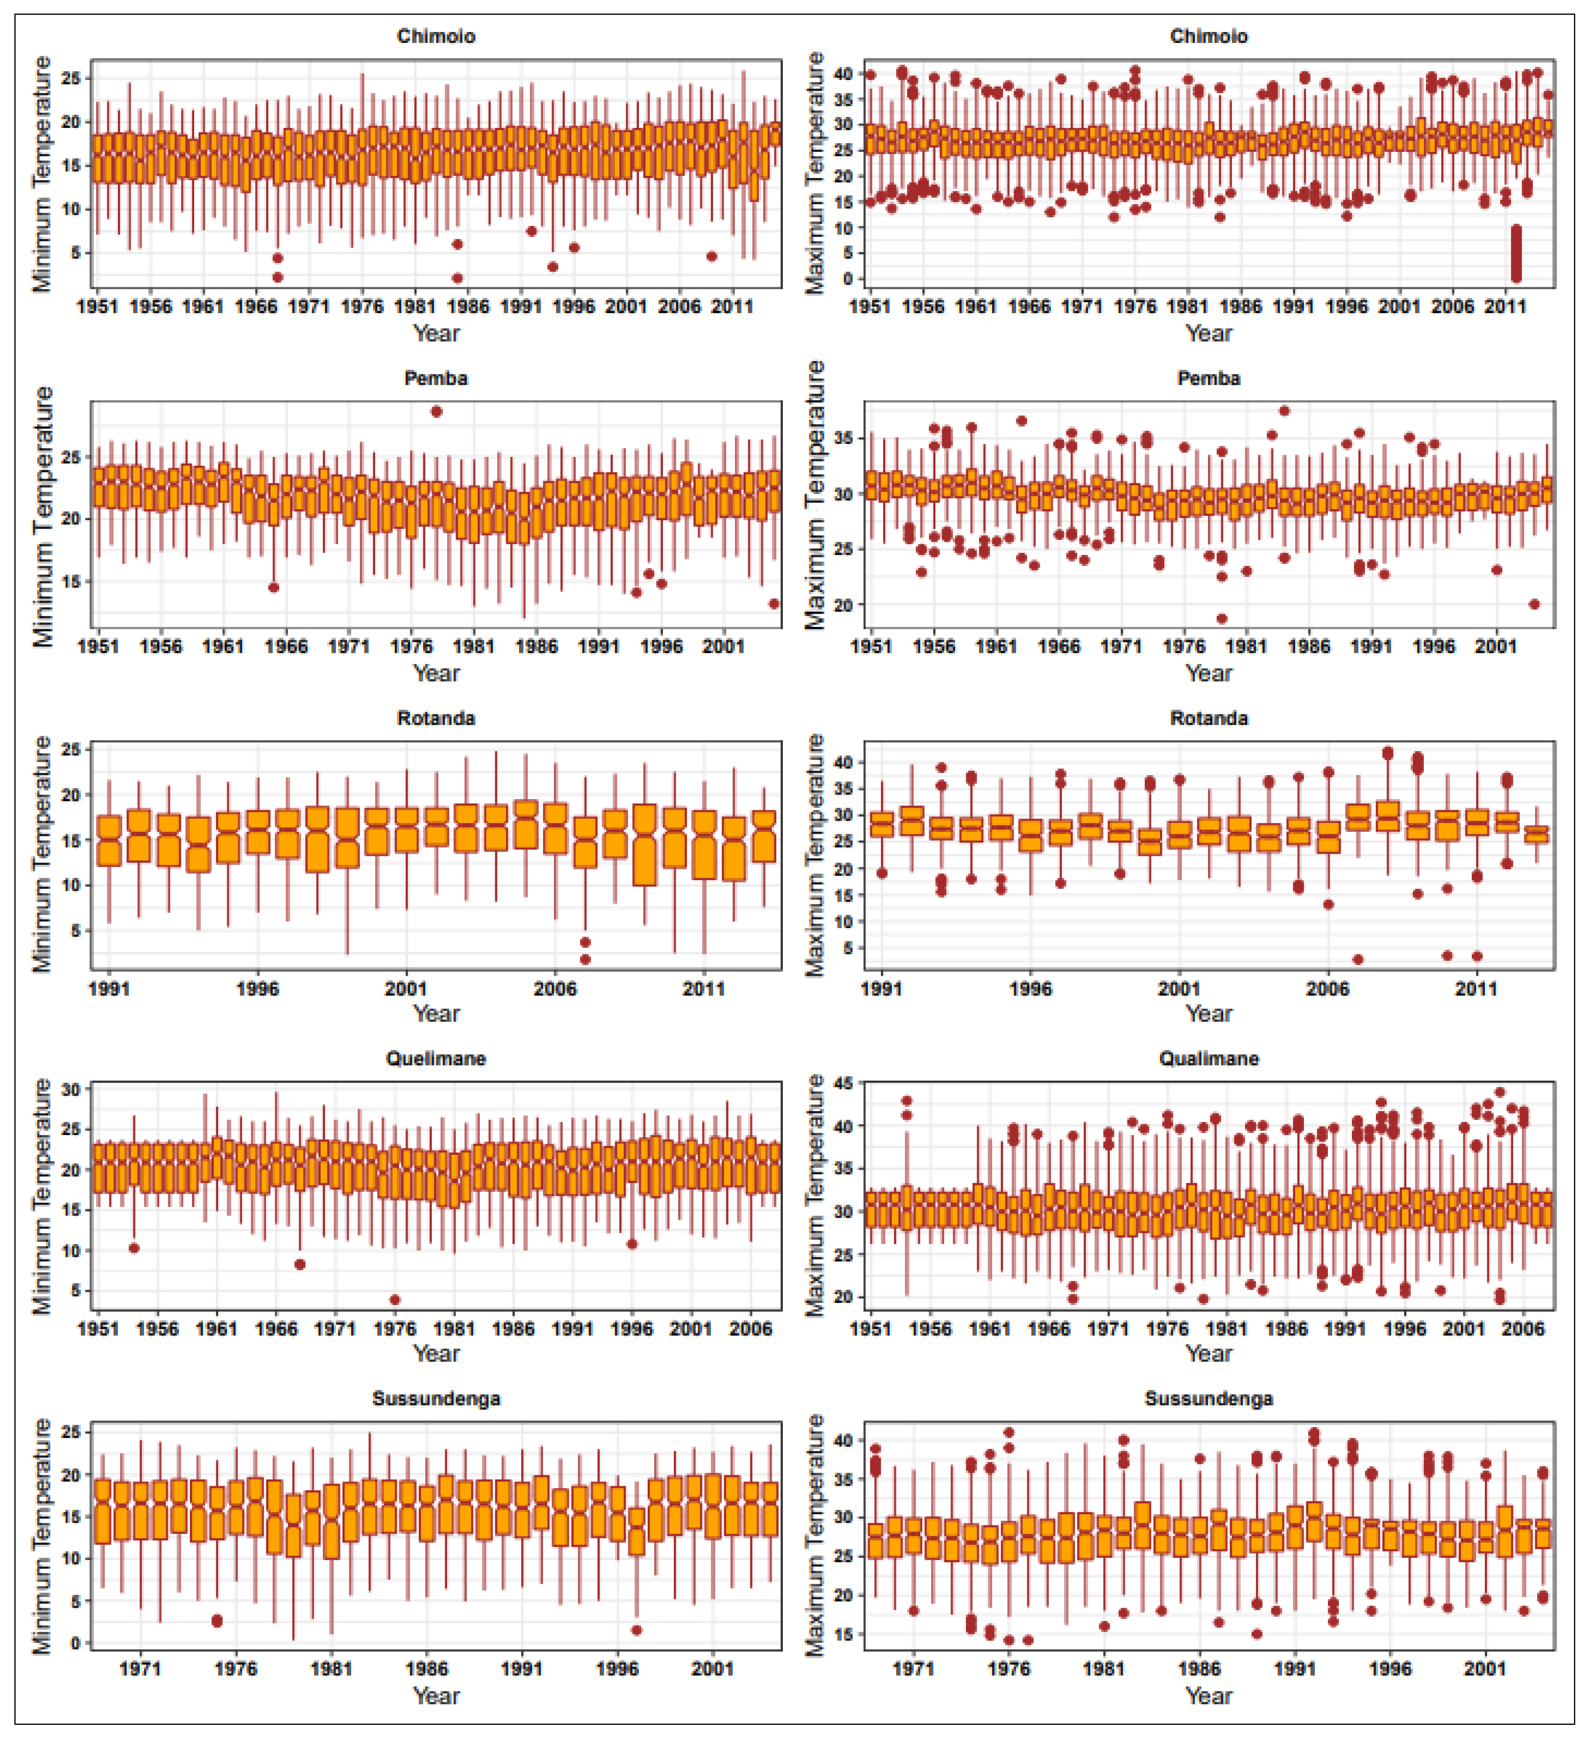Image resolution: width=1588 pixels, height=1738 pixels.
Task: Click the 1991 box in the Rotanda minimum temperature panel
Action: (109, 840)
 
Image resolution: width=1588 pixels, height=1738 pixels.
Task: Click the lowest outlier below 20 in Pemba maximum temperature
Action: (1222, 618)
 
